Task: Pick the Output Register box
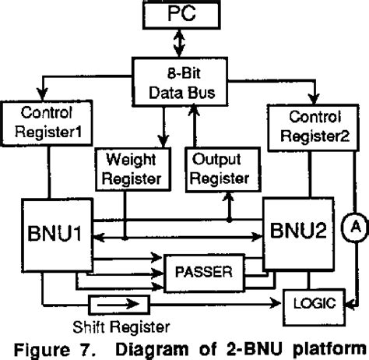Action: point(217,167)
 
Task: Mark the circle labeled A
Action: point(354,227)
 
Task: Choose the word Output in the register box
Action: point(217,159)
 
